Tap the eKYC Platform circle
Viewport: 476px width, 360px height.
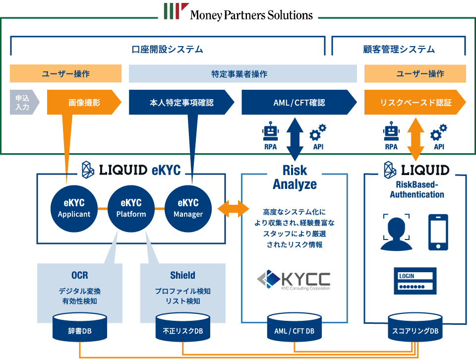(x=131, y=208)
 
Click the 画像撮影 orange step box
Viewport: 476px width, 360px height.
(x=84, y=103)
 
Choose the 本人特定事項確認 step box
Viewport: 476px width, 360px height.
(x=181, y=103)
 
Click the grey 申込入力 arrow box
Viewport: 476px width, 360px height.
(x=23, y=103)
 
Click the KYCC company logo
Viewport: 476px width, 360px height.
(x=294, y=280)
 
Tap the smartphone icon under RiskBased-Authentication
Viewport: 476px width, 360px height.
(x=438, y=232)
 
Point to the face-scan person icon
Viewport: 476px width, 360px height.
(x=396, y=232)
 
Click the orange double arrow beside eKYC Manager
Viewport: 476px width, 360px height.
(x=233, y=208)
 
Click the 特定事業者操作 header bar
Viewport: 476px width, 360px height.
(x=242, y=74)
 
